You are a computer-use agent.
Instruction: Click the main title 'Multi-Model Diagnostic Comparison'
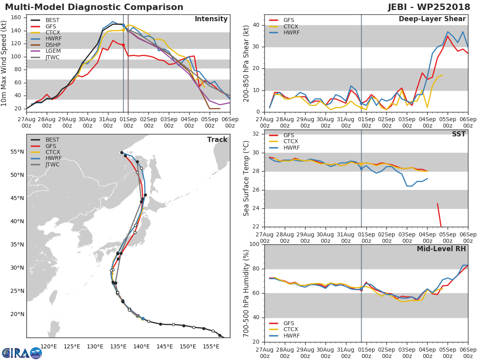[94, 7]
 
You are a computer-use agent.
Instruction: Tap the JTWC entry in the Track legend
[52, 164]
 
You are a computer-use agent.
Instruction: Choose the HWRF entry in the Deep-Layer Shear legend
[291, 33]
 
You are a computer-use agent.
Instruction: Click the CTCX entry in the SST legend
[291, 142]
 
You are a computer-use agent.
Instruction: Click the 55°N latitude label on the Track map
[17, 152]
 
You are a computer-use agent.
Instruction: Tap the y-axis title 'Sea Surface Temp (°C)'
[246, 178]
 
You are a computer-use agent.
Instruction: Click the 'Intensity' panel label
[211, 19]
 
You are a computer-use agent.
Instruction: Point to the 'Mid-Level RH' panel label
[441, 249]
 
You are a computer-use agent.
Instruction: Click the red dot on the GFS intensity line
[123, 45]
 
